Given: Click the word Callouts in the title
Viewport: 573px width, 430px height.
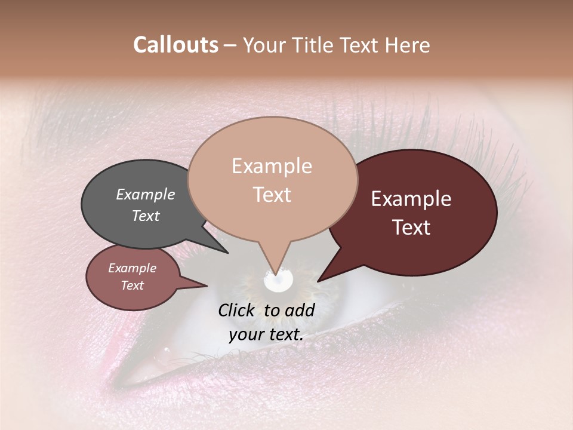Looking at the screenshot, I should coord(175,45).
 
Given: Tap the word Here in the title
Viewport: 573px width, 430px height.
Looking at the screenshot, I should coord(408,45).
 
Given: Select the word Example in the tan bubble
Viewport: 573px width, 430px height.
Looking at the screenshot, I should coord(272,166).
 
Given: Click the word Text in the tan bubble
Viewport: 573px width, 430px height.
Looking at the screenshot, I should coord(272,194).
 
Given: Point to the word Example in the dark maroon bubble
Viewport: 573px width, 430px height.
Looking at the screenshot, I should coord(411,199).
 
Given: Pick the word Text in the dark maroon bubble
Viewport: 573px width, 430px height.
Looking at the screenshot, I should coord(411,227).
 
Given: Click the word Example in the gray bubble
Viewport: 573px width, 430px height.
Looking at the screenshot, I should coord(145,194).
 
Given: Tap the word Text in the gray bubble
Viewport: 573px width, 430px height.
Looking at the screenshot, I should coord(145,216).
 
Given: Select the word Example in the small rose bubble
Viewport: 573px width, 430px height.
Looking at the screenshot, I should coord(132,268).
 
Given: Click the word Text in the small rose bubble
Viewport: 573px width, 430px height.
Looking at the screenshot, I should coord(132,285).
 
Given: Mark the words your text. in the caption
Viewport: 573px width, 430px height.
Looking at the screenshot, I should coord(266,334).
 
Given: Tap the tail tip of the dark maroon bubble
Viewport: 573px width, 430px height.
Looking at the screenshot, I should coord(318,281).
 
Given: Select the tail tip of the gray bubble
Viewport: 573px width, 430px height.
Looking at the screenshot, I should coord(228,253).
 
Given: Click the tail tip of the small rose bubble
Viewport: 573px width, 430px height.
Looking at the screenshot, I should coord(207,286).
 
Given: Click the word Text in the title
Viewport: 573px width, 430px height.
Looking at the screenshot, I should coord(363,45).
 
